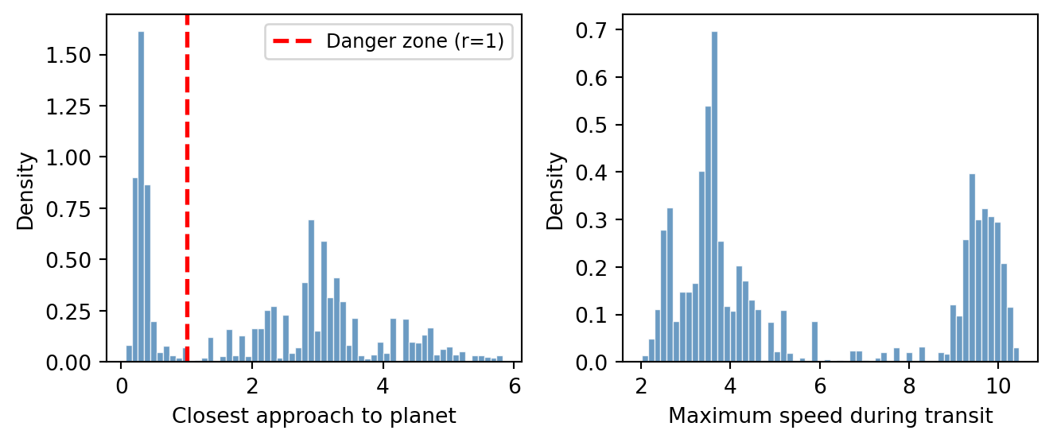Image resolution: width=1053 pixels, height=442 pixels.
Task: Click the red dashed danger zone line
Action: [x=187, y=199]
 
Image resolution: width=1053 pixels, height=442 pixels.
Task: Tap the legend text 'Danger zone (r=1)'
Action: [x=414, y=42]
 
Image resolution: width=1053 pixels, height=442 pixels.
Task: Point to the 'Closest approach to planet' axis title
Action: [x=314, y=415]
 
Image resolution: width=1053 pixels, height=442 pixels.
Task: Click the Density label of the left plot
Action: [x=27, y=191]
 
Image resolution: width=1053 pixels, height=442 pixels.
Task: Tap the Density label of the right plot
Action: [x=557, y=191]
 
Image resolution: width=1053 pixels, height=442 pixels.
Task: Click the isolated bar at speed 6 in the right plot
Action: [x=814, y=342]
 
